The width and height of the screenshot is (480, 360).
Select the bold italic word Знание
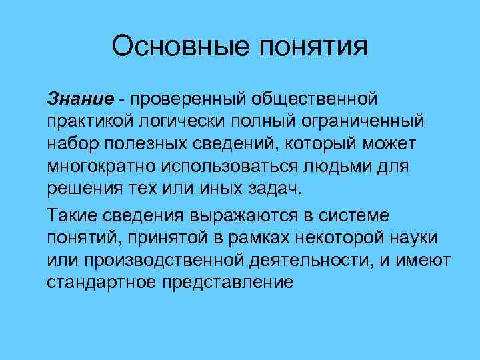79,99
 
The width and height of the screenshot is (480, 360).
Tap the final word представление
228,282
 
